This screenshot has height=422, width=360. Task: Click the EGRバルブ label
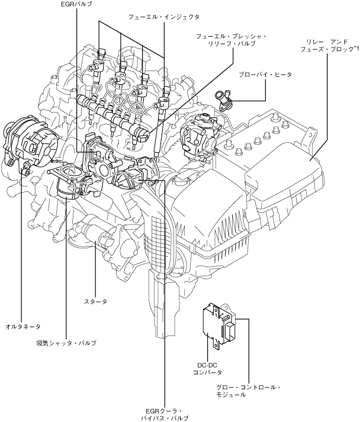pos(76,4)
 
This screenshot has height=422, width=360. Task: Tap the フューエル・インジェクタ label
pos(164,17)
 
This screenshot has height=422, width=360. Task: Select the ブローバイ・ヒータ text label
pos(265,75)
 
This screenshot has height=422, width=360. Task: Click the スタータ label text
pos(95,302)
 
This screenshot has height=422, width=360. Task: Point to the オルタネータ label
pos(23,327)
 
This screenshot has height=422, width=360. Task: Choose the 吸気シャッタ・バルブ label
pos(66,343)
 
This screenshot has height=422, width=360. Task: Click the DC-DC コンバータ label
pos(208,369)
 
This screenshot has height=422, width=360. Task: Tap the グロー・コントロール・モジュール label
pos(249,391)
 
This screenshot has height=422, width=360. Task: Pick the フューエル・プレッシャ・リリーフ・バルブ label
pos(232,40)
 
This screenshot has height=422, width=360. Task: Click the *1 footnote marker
pos(356,48)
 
